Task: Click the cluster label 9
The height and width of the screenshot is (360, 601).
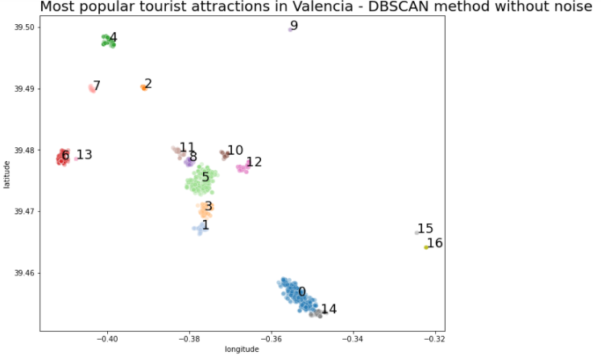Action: tap(294, 26)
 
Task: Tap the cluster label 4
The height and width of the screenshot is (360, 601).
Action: tap(113, 38)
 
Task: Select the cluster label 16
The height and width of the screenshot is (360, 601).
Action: tap(434, 243)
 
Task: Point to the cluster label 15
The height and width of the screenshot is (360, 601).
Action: tap(425, 229)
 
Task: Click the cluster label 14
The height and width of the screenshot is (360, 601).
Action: tap(329, 308)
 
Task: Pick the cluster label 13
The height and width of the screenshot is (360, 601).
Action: tap(84, 155)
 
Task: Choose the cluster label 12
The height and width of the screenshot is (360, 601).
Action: tap(254, 162)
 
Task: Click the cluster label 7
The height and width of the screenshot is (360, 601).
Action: tap(97, 85)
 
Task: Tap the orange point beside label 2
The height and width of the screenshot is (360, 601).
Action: tap(143, 88)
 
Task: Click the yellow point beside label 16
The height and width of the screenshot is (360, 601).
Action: tap(426, 247)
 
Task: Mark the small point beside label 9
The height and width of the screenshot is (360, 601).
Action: tap(290, 29)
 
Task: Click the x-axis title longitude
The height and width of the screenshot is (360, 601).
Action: tap(242, 350)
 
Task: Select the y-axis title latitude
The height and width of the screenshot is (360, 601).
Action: tap(6, 174)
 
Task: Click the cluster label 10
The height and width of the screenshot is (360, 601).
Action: tap(234, 151)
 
